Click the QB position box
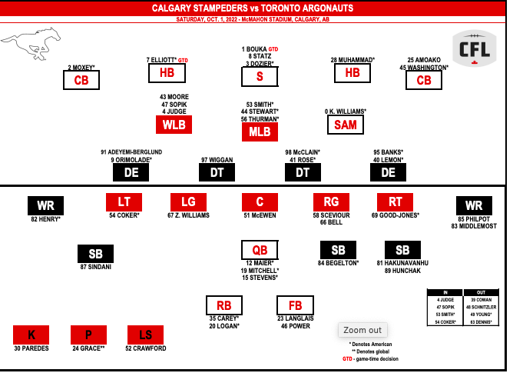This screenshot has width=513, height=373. click(260, 250)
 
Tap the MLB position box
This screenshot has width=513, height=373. click(260, 132)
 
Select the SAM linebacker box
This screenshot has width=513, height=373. click(346, 125)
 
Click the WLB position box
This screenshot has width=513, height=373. click(174, 125)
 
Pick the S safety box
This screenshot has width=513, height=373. click(260, 76)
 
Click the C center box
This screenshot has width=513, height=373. click(260, 201)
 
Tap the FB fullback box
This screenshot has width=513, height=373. click(295, 305)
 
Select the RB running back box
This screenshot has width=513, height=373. click(223, 305)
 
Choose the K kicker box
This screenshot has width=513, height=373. click(31, 335)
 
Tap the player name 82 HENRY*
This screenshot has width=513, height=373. click(46, 219)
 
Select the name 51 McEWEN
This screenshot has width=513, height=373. click(260, 215)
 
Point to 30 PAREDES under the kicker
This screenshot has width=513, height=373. click(31, 348)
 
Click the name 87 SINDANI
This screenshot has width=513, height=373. click(95, 267)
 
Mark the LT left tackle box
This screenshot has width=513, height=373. click(124, 201)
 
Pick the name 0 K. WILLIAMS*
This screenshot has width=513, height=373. click(346, 112)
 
